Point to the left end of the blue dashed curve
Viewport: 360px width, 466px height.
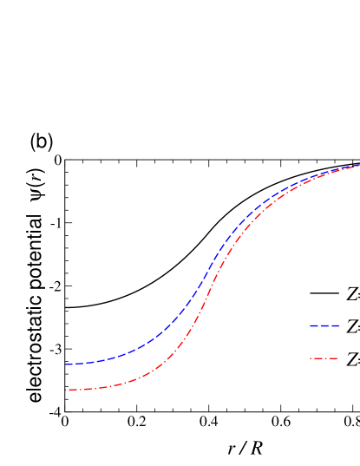(x=66, y=364)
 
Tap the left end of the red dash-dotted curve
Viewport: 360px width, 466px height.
(x=66, y=390)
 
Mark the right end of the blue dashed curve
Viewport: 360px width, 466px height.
(x=358, y=165)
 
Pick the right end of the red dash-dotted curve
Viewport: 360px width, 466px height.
(x=358, y=166)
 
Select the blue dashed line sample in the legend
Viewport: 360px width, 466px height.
(x=324, y=326)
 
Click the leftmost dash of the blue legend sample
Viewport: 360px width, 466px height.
(x=314, y=326)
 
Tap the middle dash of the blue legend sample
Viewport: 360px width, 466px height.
(x=324, y=326)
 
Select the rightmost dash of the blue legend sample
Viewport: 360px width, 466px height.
(x=335, y=326)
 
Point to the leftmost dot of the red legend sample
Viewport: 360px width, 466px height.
(x=311, y=358)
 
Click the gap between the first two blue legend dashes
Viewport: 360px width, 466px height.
(x=319, y=326)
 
